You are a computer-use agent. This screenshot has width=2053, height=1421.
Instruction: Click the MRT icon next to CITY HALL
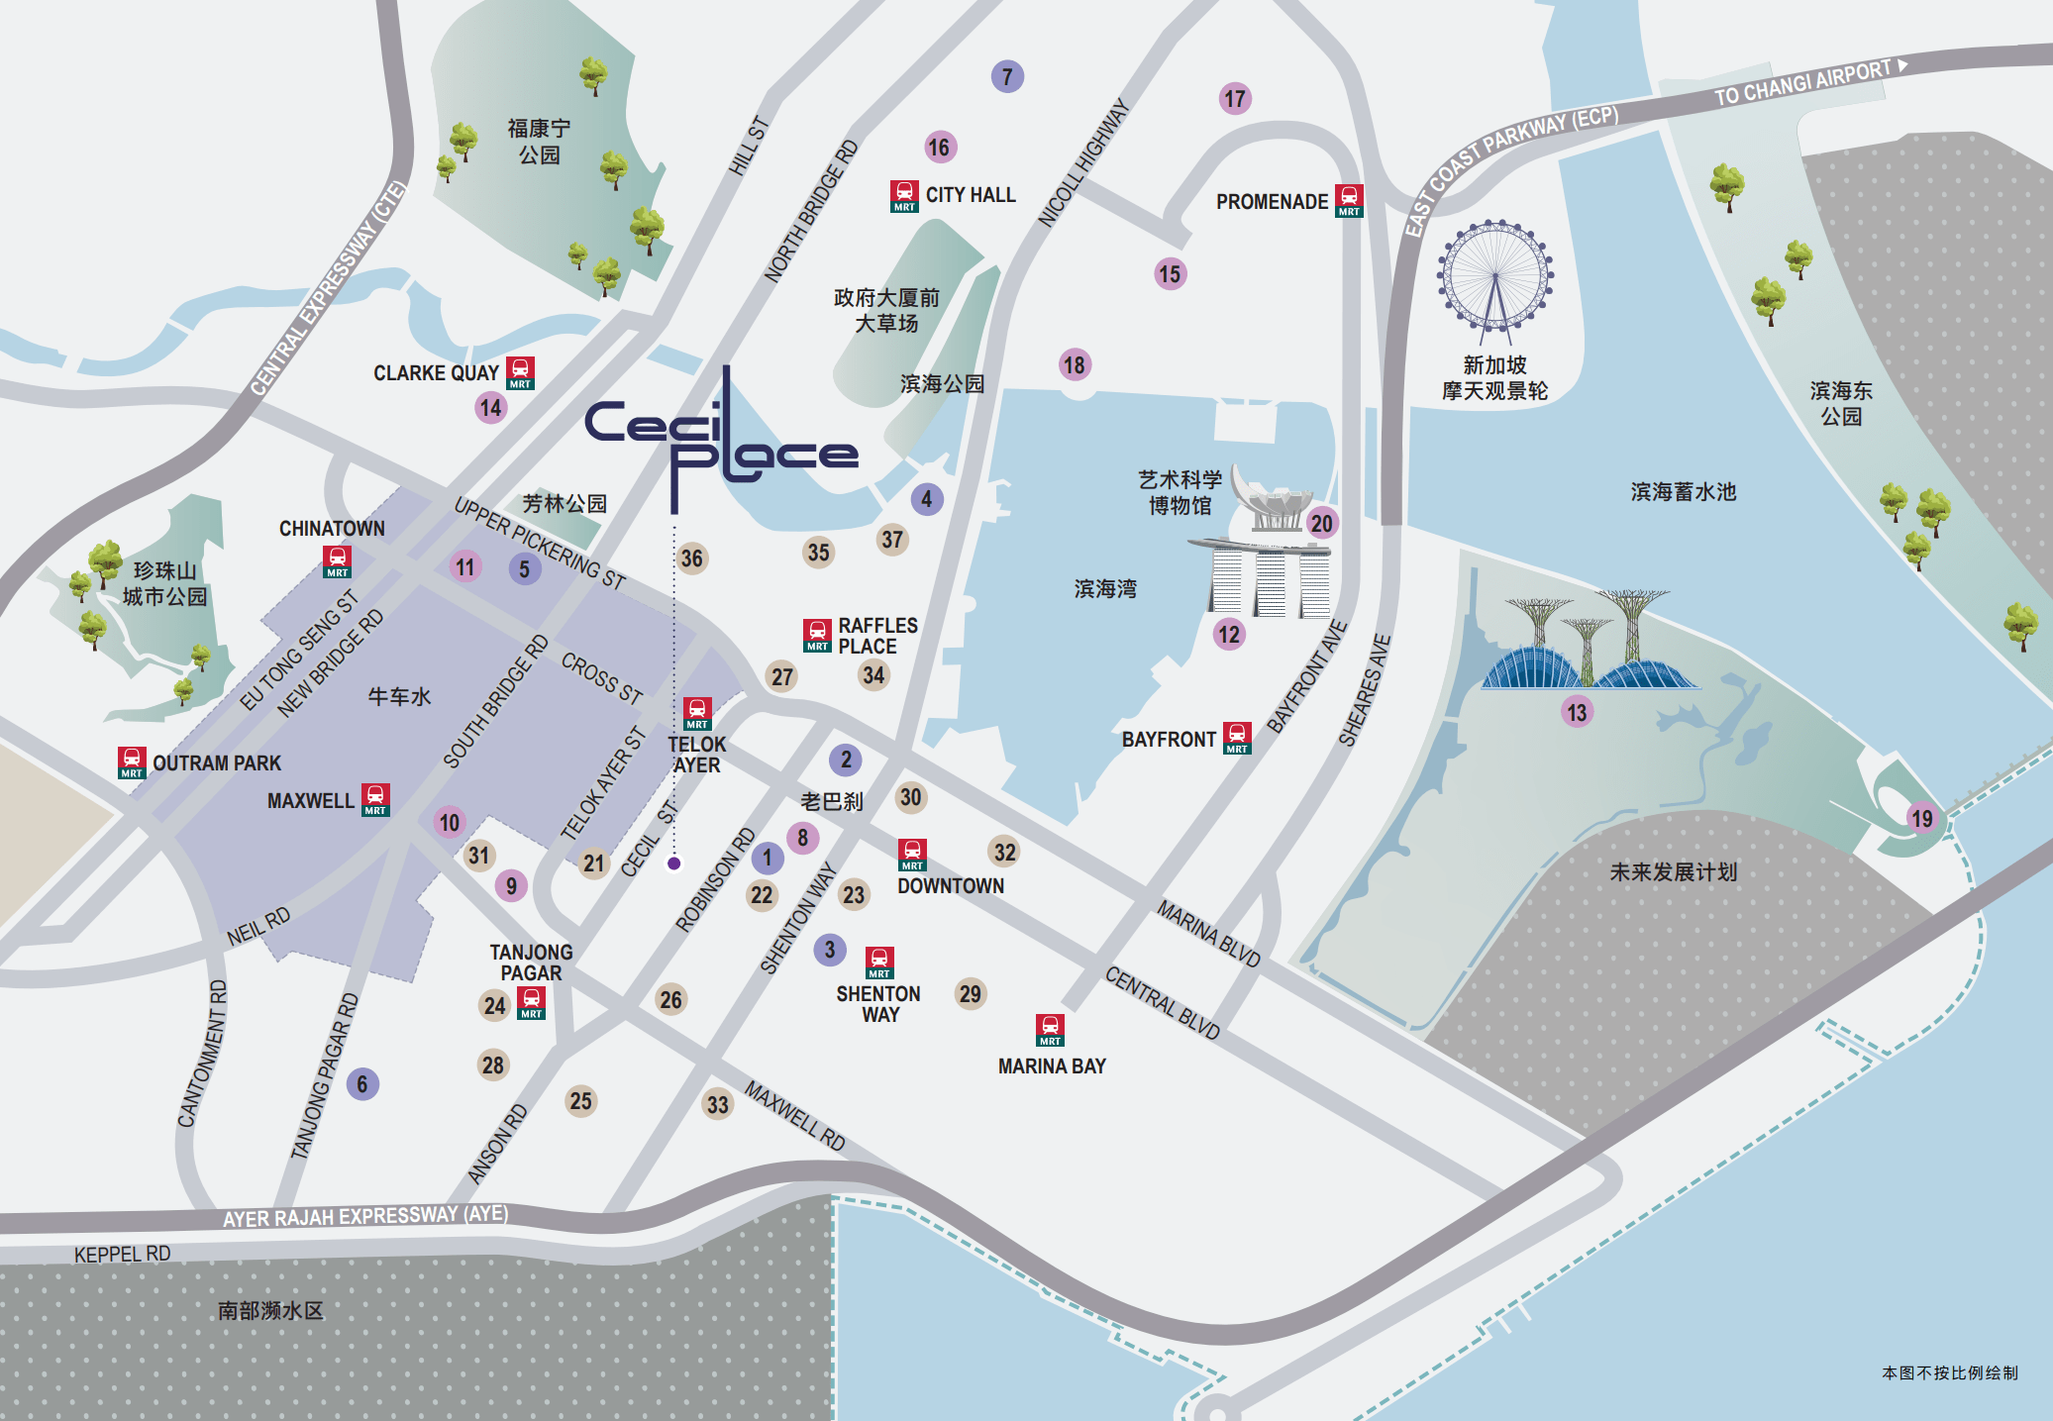pyautogui.click(x=904, y=195)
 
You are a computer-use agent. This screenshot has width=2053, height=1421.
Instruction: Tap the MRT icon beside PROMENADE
pyautogui.click(x=1349, y=200)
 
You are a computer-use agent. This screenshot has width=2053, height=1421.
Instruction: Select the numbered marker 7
pyautogui.click(x=1007, y=76)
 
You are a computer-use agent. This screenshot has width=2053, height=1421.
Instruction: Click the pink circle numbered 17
pyautogui.click(x=1234, y=98)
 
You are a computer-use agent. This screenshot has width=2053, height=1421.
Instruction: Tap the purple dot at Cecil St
pyautogui.click(x=674, y=863)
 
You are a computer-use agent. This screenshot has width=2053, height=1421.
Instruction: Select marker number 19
pyautogui.click(x=1921, y=818)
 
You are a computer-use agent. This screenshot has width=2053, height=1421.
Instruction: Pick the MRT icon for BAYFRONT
pyautogui.click(x=1237, y=738)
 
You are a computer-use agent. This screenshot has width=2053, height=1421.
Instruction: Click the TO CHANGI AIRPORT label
pyautogui.click(x=1802, y=82)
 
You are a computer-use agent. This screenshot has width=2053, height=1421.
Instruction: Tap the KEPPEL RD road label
pyautogui.click(x=122, y=1254)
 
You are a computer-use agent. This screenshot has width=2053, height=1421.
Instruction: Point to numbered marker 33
pyautogui.click(x=718, y=1104)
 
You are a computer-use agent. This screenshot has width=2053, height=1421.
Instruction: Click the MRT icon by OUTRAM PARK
pyautogui.click(x=132, y=762)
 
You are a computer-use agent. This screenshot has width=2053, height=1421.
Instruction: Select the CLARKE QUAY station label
pyautogui.click(x=436, y=373)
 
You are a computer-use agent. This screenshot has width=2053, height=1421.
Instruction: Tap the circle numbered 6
pyautogui.click(x=362, y=1083)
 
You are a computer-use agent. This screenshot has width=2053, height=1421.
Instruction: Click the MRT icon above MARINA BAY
pyautogui.click(x=1050, y=1030)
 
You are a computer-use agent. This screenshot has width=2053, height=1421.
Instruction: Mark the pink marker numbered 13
pyautogui.click(x=1577, y=711)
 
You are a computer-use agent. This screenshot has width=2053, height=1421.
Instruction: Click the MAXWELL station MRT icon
pyautogui.click(x=375, y=799)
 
